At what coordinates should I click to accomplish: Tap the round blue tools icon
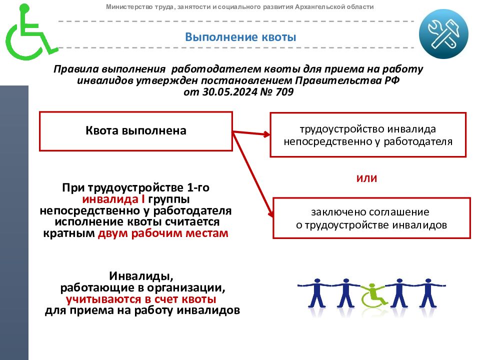point(443,34)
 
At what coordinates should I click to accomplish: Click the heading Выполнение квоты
point(240,37)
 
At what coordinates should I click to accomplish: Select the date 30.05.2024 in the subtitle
point(229,91)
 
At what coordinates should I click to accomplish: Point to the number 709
point(284,91)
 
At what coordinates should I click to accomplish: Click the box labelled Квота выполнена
point(136,131)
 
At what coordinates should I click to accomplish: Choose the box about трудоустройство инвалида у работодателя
point(368,134)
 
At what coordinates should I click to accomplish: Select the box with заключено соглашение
point(371,218)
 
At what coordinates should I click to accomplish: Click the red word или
point(366,178)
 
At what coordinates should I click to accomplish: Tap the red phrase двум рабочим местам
point(163,233)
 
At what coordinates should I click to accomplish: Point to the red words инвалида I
point(113,199)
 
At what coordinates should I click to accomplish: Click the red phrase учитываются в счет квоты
point(141,299)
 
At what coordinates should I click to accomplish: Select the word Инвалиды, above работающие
point(141,276)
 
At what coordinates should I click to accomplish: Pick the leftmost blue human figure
point(316,293)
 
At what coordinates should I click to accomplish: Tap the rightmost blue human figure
point(428,293)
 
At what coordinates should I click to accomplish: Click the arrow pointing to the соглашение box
point(253,174)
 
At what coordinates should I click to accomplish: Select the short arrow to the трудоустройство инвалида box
point(251,133)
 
